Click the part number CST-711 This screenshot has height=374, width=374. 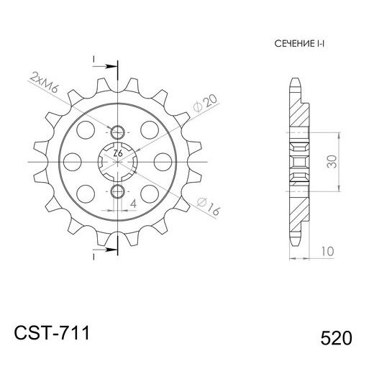(52, 334)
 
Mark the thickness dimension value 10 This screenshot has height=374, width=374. (327, 251)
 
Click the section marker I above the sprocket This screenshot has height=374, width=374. (95, 58)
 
